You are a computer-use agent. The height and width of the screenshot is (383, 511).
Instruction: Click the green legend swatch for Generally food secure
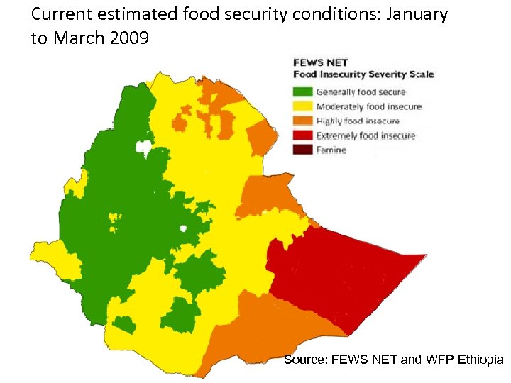coord(303,91)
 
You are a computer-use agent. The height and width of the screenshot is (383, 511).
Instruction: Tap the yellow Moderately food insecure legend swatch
coord(303,106)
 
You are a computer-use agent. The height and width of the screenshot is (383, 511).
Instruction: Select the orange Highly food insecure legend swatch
coord(303,121)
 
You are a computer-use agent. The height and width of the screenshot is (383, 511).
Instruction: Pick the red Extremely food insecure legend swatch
coord(303,135)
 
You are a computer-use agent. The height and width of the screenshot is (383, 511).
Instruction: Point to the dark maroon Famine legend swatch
coord(303,150)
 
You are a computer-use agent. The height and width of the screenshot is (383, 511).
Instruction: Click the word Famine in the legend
coord(331,150)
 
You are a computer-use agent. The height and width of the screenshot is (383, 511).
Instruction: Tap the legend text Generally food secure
coord(361,91)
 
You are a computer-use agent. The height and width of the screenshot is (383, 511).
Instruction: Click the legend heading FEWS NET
coord(317,63)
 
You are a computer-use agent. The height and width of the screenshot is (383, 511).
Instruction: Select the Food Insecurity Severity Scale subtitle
coord(363,74)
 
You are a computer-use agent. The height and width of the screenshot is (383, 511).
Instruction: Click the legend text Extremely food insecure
coord(366,135)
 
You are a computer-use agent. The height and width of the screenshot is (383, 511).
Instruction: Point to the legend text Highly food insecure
coord(358,121)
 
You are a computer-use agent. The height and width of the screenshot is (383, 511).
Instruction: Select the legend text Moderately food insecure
coord(368,106)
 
